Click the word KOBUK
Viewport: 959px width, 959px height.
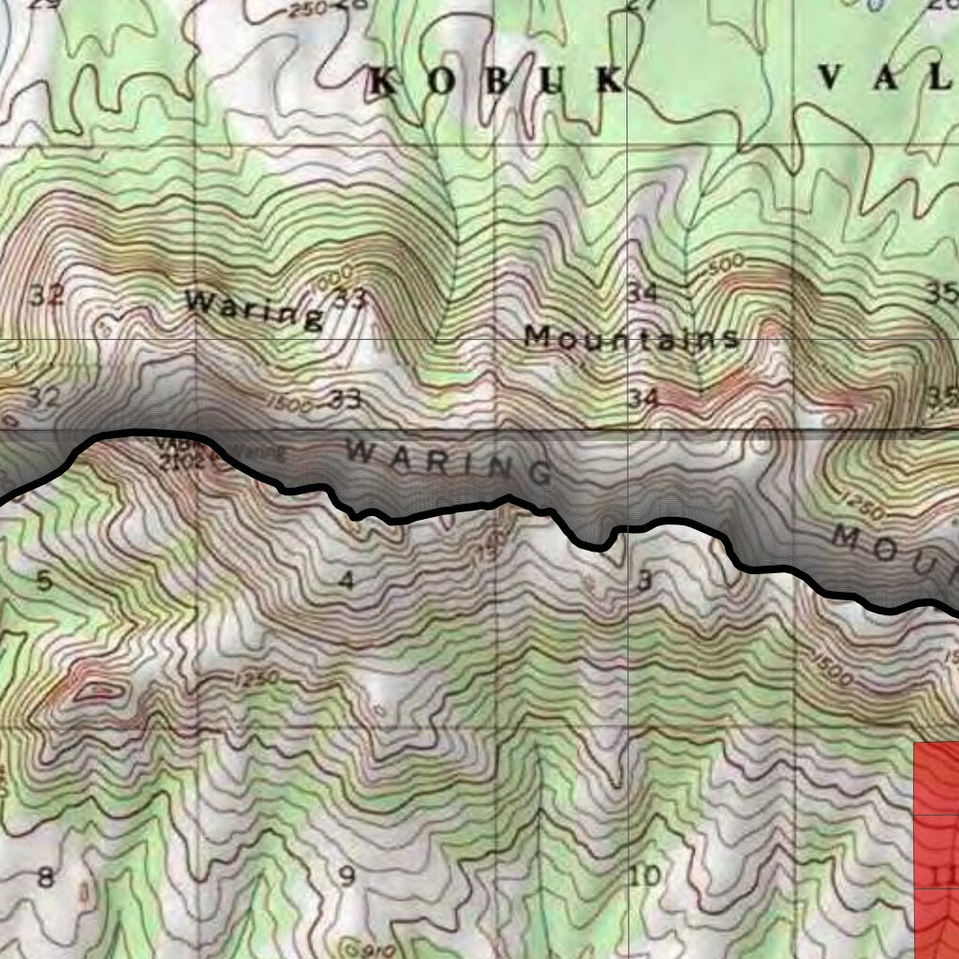(497, 81)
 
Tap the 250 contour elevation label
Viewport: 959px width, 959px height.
(307, 9)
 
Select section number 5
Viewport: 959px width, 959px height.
(44, 581)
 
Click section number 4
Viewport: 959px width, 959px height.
(347, 582)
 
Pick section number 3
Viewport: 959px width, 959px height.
(643, 582)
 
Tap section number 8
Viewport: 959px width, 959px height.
(44, 878)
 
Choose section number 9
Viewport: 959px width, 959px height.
(347, 878)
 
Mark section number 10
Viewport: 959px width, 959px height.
(645, 877)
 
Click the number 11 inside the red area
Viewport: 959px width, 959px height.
(944, 876)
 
